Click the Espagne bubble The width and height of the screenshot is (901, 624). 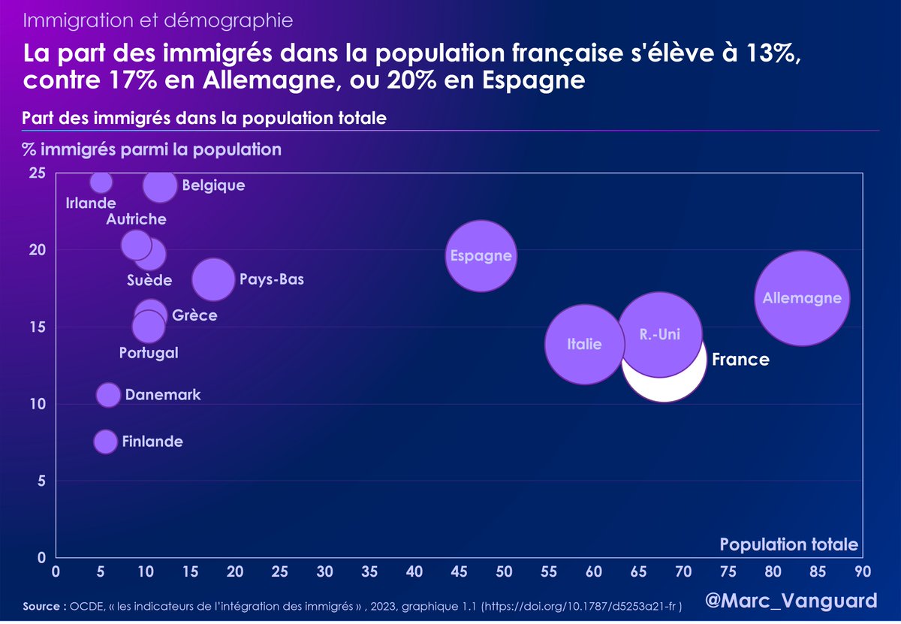click(x=481, y=256)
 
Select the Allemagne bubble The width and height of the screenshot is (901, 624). click(x=802, y=298)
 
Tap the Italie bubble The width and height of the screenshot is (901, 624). click(x=584, y=345)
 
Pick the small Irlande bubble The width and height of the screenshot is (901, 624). click(x=101, y=182)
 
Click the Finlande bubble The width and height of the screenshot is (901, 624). click(x=106, y=442)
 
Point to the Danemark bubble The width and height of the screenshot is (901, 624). click(x=108, y=395)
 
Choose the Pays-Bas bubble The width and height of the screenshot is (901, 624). click(x=213, y=279)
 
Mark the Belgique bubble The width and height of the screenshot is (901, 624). click(x=159, y=185)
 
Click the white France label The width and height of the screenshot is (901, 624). click(x=740, y=360)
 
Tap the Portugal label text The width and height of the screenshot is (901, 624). click(x=149, y=352)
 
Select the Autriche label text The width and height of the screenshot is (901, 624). click(x=136, y=219)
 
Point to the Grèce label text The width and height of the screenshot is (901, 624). click(x=194, y=315)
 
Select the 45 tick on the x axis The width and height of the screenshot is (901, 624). click(x=459, y=571)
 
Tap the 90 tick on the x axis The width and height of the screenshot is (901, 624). click(x=862, y=571)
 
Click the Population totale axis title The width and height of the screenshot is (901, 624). click(x=788, y=544)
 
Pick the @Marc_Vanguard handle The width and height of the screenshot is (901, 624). click(x=791, y=601)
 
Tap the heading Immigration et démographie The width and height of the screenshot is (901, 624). click(x=158, y=20)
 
